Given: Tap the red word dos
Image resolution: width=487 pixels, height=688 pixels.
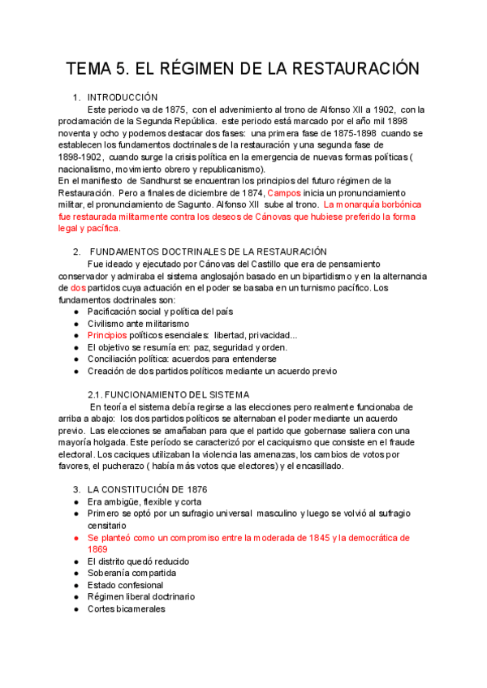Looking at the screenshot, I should (x=78, y=288).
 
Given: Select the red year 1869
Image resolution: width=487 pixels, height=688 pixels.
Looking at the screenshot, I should (x=97, y=549).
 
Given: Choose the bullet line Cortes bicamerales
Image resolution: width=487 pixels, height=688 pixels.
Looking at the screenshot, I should (x=126, y=608).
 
